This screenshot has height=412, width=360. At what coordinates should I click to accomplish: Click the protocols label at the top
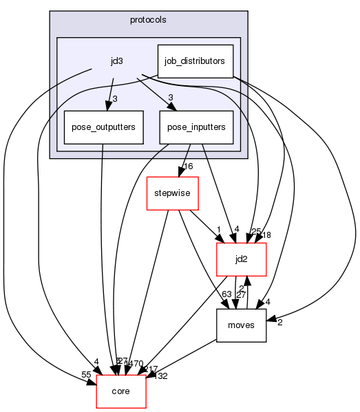pos(148,19)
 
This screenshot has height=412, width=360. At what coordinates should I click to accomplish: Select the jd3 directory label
pos(117,61)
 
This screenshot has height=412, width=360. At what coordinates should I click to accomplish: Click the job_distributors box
pos(195,61)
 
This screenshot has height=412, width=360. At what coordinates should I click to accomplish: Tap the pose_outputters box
pos(103,127)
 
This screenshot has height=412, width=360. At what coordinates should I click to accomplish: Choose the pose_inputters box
pos(196,127)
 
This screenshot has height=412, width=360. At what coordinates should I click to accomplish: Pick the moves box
pos(241,325)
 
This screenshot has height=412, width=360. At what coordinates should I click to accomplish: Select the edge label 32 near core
pos(163,376)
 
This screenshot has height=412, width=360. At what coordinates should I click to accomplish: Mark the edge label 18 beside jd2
pos(266,235)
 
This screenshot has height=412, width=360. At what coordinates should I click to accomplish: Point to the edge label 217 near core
pos(151,369)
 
